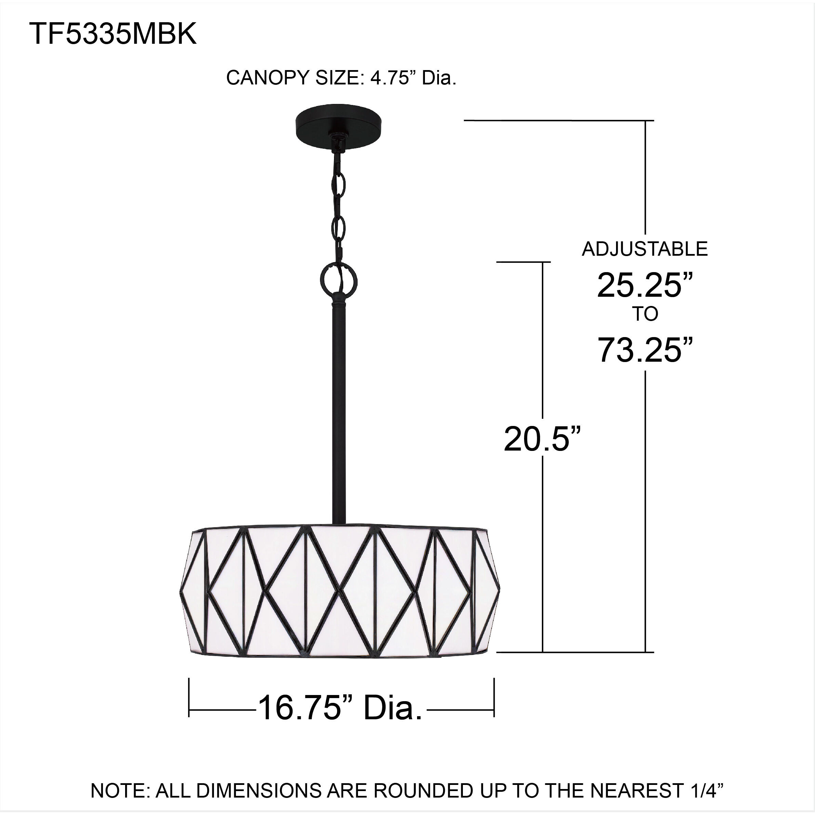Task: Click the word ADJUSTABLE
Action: (644, 249)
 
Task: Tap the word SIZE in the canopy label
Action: (339, 78)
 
